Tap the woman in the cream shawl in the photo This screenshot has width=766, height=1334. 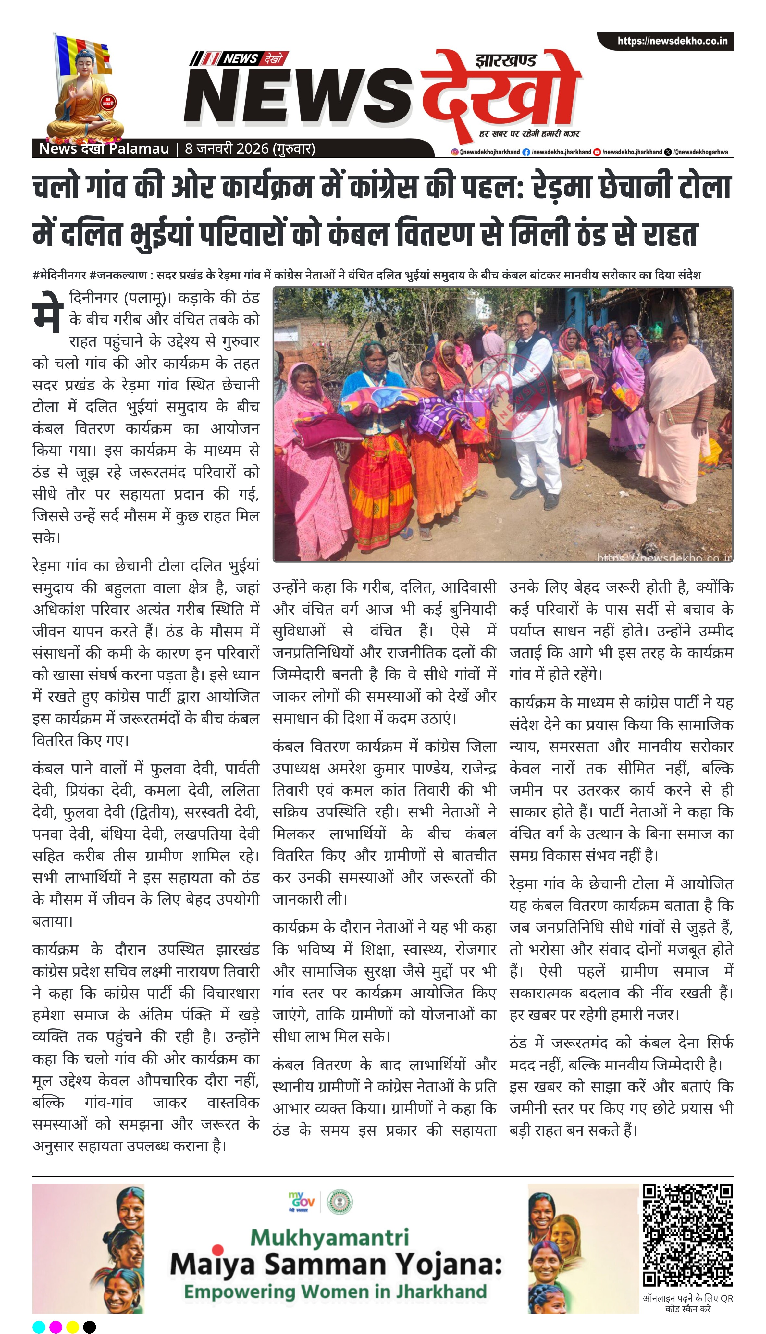(x=679, y=415)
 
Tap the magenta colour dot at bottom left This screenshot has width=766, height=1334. (x=56, y=1327)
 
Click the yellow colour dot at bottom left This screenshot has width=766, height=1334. (x=73, y=1327)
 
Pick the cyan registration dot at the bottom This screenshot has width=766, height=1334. (x=39, y=1327)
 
